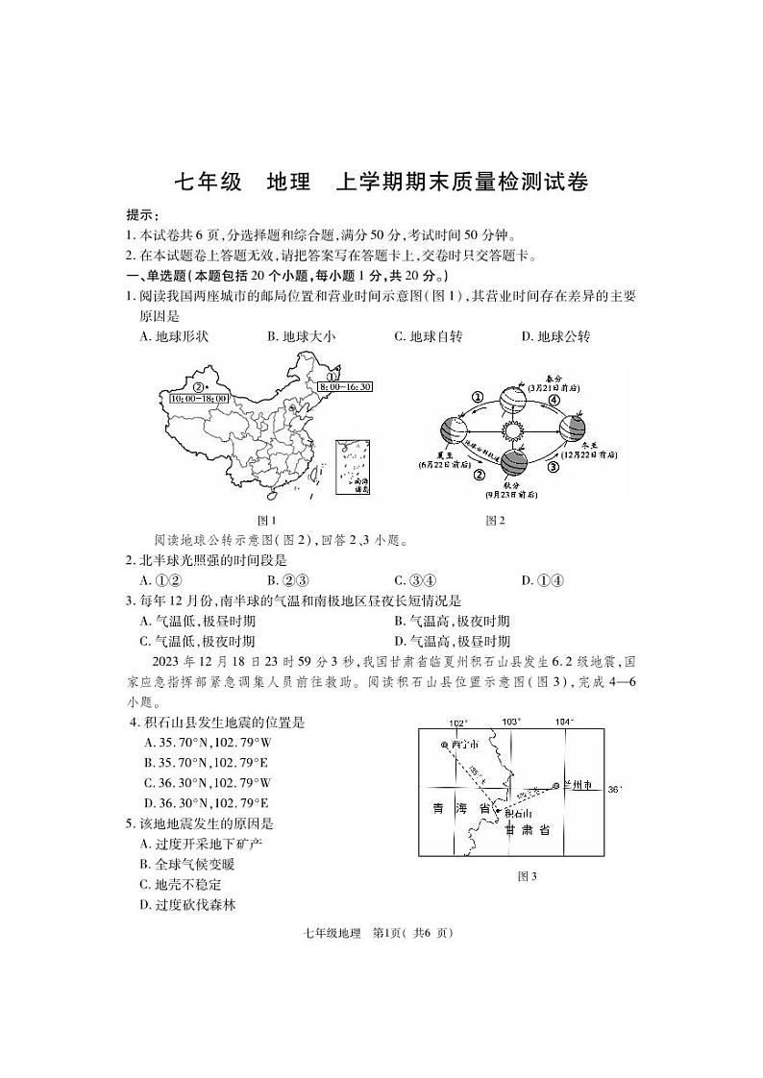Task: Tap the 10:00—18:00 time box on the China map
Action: [x=199, y=397]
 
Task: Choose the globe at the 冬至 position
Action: [x=574, y=426]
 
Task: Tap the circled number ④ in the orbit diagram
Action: [x=554, y=400]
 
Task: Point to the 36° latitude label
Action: [x=615, y=789]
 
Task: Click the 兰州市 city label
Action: [x=578, y=785]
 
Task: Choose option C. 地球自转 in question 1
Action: [x=429, y=336]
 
